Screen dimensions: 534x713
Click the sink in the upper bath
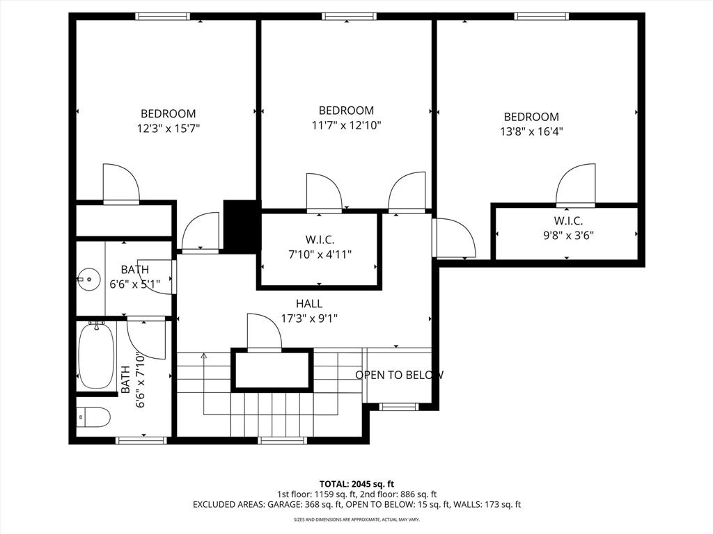click(x=88, y=280)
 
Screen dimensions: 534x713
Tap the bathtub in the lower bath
click(x=95, y=357)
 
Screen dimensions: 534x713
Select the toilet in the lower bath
click(x=93, y=417)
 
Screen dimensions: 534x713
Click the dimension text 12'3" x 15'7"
click(x=169, y=129)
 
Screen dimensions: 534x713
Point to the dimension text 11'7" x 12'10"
click(x=346, y=125)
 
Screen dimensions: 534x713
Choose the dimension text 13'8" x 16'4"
click(x=531, y=131)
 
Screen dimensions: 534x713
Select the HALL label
click(x=309, y=303)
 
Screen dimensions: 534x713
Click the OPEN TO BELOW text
click(x=399, y=375)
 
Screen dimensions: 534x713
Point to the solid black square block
click(x=240, y=226)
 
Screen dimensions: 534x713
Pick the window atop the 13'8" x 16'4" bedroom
click(x=541, y=16)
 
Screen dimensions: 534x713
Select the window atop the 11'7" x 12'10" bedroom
click(x=350, y=16)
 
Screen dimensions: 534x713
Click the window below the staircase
click(x=282, y=440)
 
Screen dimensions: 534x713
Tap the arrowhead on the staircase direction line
click(x=203, y=356)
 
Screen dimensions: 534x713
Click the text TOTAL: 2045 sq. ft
click(x=356, y=483)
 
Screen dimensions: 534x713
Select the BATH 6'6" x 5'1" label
click(x=134, y=277)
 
